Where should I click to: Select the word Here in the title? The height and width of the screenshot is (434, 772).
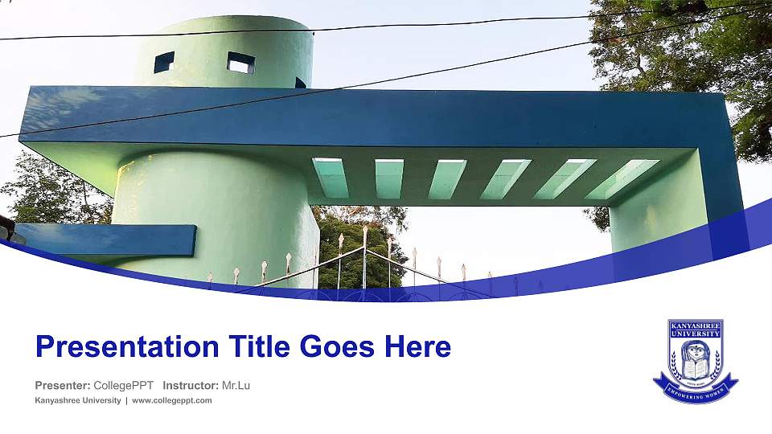click(416, 347)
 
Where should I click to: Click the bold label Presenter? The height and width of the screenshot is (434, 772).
click(63, 386)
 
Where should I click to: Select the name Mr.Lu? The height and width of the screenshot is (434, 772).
click(236, 386)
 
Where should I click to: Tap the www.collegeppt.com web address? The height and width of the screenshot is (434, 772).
click(172, 400)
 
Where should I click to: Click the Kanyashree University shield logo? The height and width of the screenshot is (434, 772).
click(695, 360)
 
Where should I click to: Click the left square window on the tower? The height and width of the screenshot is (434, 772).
click(164, 62)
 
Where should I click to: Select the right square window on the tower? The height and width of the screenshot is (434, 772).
click(240, 62)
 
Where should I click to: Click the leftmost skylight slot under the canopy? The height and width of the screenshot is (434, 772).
click(331, 178)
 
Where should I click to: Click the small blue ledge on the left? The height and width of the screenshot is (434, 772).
click(105, 240)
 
